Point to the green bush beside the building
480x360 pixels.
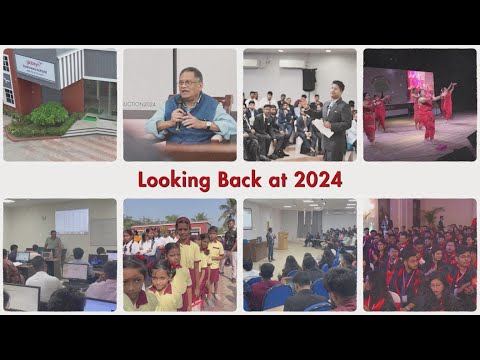tap(47, 117)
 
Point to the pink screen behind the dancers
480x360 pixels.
tap(420, 83)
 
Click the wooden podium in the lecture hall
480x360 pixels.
tap(283, 241)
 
